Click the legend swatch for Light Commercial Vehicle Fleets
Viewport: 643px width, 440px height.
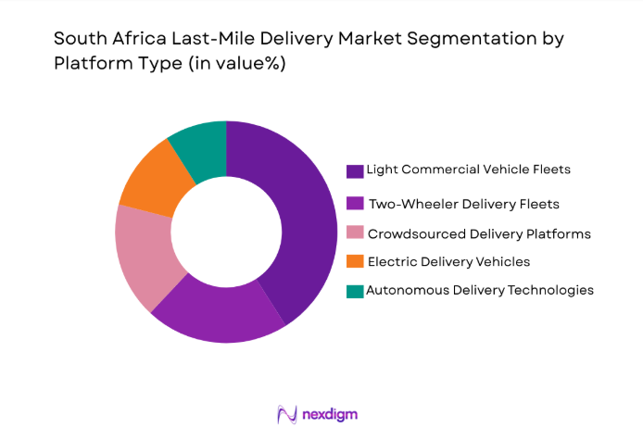pyautogui.click(x=355, y=170)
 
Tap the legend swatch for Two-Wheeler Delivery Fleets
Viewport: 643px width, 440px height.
pyautogui.click(x=355, y=203)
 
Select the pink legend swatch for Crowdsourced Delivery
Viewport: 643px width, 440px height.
pyautogui.click(x=355, y=233)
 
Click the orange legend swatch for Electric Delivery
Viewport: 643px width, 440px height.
pyautogui.click(x=355, y=262)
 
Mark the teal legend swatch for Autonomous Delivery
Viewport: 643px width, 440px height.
pyautogui.click(x=355, y=291)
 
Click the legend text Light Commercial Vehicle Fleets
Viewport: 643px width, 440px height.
pyautogui.click(x=467, y=170)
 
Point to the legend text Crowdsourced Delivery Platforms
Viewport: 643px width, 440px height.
pyautogui.click(x=479, y=233)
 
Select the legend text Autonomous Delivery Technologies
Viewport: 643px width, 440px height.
pyautogui.click(x=480, y=290)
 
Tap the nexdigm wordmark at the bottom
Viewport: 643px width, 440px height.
pyautogui.click(x=330, y=414)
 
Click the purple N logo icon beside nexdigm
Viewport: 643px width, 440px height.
pyautogui.click(x=287, y=414)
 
